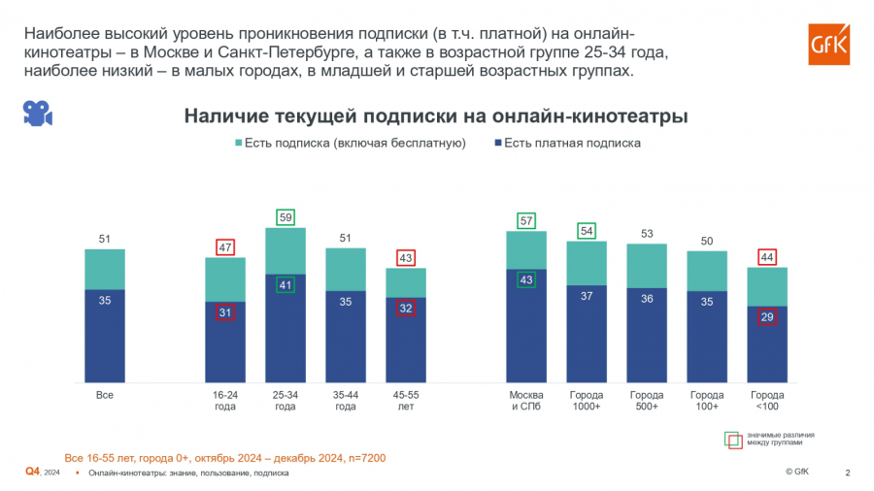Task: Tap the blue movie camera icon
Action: coord(37,113)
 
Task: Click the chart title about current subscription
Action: coord(436,116)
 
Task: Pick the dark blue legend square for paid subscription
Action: coord(496,143)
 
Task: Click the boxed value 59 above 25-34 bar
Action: coord(286,217)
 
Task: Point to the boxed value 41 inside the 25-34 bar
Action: coord(286,285)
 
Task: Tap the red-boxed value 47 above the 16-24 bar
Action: coord(225,247)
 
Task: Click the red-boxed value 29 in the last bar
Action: coord(766,317)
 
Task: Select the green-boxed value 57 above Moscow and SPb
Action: coord(526,220)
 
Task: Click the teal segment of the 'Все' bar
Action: coord(105,269)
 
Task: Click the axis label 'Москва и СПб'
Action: coord(526,401)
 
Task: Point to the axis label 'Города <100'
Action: coord(766,401)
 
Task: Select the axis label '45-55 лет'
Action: coord(406,401)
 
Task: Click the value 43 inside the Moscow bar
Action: coord(526,279)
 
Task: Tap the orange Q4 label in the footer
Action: coord(32,472)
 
